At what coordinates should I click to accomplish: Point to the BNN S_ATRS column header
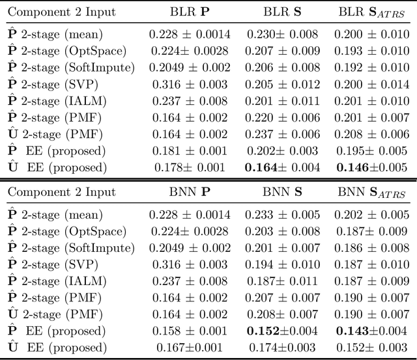click(x=368, y=193)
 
